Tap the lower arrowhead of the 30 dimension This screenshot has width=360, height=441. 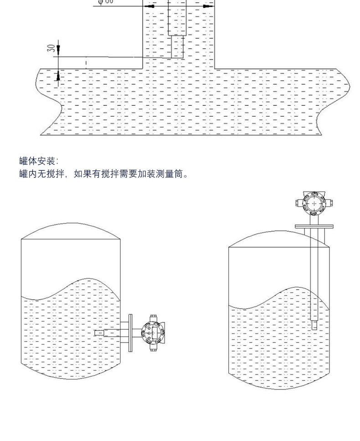[x=58, y=77]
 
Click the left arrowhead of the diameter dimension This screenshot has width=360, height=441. [x=149, y=7]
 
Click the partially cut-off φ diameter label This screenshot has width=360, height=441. [x=106, y=2]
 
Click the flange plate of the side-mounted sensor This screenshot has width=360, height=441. [x=130, y=332]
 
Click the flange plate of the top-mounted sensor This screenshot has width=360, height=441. [x=314, y=226]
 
